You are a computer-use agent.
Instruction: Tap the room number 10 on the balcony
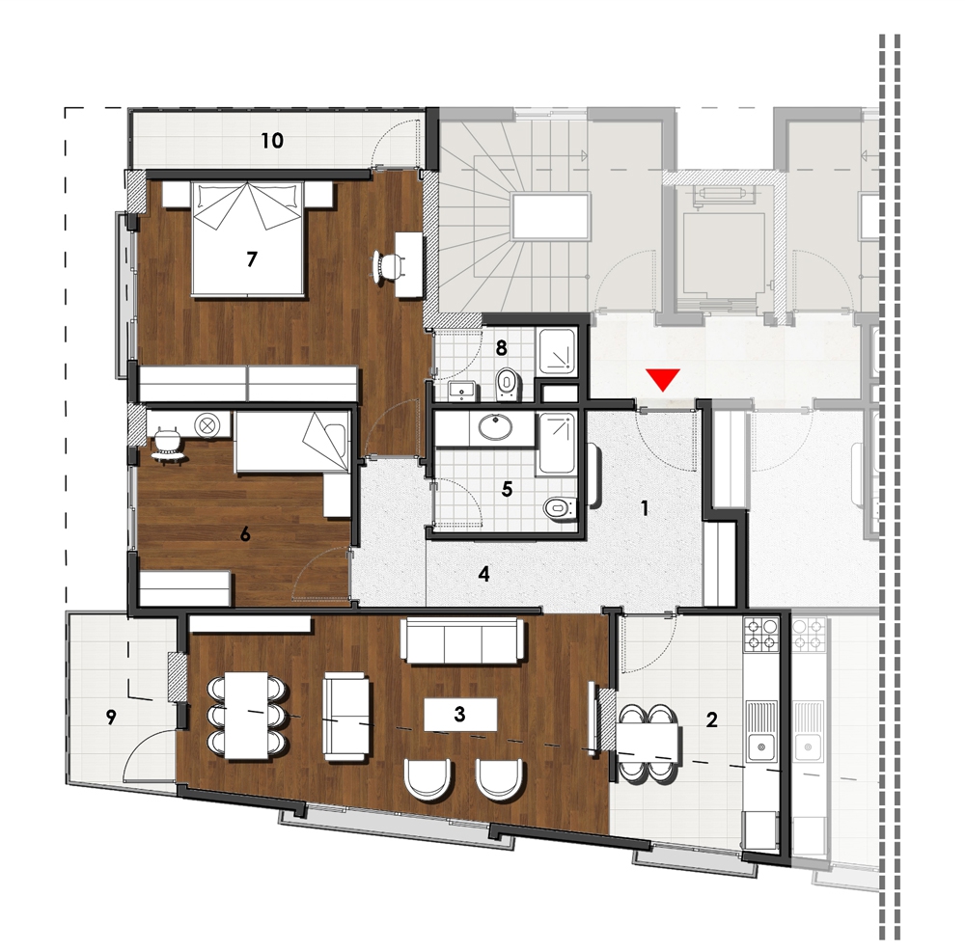[272, 140]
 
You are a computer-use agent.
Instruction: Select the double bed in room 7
[248, 238]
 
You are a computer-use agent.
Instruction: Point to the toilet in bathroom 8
[508, 383]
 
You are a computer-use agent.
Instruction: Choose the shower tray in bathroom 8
[558, 351]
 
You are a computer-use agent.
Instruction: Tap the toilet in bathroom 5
[561, 507]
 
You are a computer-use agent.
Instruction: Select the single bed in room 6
[292, 442]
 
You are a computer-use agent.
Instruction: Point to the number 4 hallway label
[484, 574]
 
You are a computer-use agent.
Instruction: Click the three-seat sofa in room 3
[463, 640]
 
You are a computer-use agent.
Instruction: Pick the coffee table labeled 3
[461, 714]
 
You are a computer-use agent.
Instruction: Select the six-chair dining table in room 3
[247, 716]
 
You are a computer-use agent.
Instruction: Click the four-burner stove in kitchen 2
[761, 636]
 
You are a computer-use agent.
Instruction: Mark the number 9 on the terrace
[111, 717]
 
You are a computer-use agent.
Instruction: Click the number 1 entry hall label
[645, 508]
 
